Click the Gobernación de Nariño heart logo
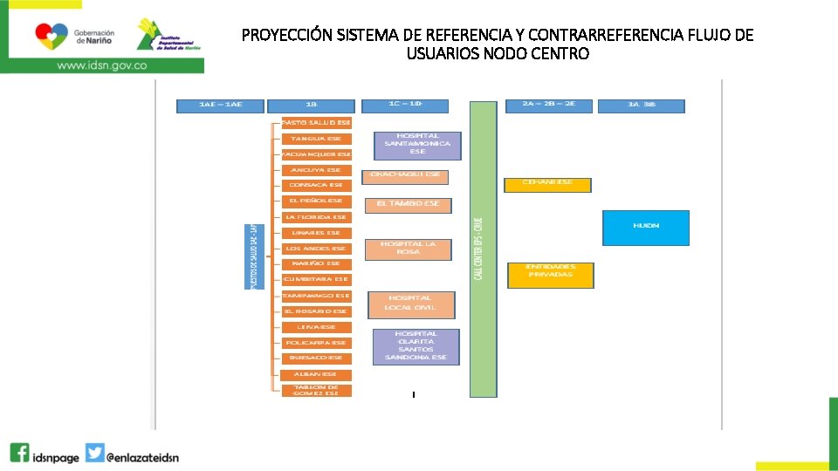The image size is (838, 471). [50, 36]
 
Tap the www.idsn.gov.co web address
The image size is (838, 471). [101, 65]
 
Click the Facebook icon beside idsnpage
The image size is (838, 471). [20, 454]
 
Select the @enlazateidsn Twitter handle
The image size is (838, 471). [142, 456]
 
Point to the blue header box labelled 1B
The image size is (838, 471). [313, 106]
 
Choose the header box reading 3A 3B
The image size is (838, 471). [642, 106]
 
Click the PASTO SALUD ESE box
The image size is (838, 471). [316, 123]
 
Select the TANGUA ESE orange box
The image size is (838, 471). [316, 139]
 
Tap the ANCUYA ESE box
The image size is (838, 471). [316, 170]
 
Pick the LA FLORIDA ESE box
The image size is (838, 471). [316, 217]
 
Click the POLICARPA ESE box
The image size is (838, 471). [316, 343]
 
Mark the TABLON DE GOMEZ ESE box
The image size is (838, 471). [316, 391]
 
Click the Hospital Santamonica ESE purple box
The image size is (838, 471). [417, 145]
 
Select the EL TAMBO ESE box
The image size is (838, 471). [408, 205]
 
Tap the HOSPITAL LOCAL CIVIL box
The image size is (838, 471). [411, 304]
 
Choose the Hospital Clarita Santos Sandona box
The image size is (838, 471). [416, 346]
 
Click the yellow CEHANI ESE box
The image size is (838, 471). [547, 184]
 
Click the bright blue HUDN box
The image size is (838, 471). [646, 227]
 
